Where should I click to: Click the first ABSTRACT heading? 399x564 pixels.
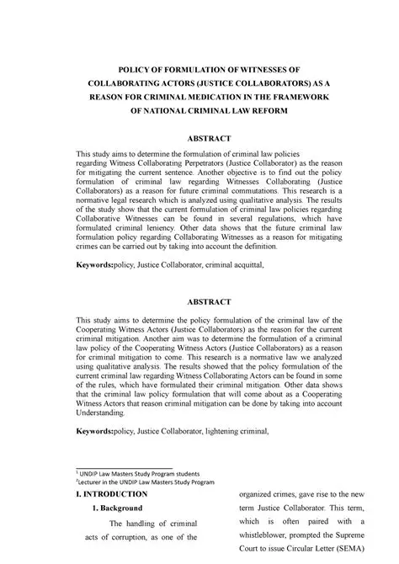pos(199,136)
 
